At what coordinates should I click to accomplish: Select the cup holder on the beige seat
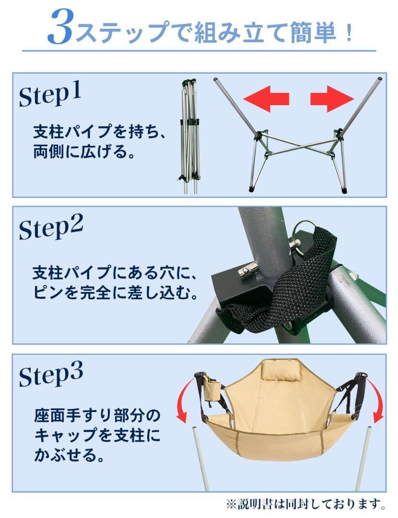point(211,388)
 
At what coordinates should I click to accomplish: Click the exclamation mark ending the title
point(349,32)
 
